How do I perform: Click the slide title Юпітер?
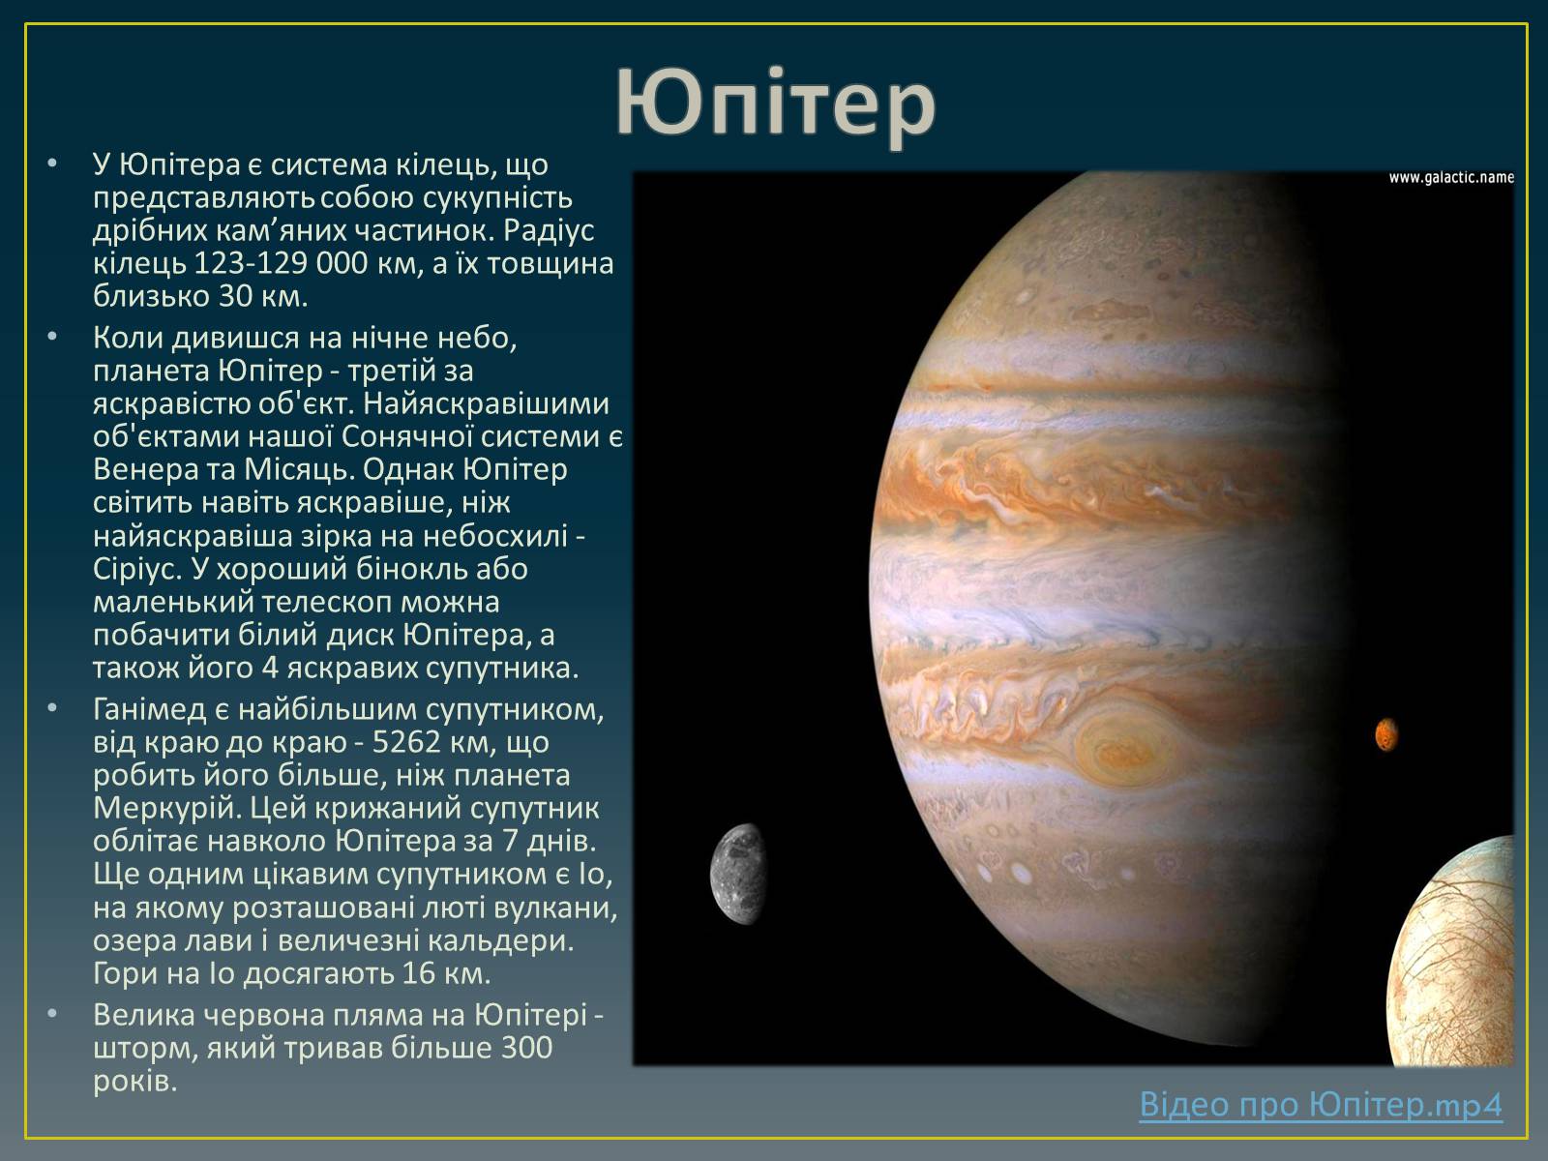[x=776, y=104]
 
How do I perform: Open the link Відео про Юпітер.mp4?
[x=1321, y=1104]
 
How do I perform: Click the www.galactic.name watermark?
[x=1450, y=178]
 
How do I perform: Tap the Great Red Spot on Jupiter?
[x=1126, y=747]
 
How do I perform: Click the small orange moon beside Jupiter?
[x=1385, y=734]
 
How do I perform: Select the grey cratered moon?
[x=738, y=874]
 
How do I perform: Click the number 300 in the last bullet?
[x=526, y=1048]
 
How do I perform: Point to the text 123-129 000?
[x=281, y=263]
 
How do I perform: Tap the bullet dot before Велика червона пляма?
[x=52, y=1014]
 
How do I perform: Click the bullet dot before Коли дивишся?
[x=52, y=337]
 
